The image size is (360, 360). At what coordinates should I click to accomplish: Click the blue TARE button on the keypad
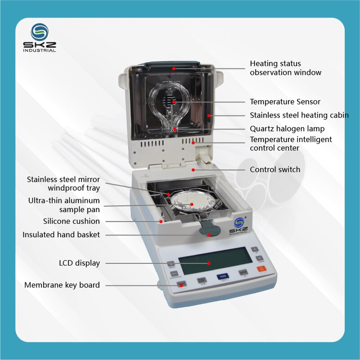click(221, 277)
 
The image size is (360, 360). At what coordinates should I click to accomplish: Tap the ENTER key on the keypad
click(243, 273)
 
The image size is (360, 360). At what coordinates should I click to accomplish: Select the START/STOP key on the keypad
click(202, 280)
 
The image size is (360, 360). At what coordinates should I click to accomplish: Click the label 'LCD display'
click(79, 263)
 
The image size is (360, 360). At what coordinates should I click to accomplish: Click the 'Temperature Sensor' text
click(285, 102)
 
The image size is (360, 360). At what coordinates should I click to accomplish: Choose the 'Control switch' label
click(275, 170)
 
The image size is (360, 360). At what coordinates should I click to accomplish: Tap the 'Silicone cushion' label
click(72, 221)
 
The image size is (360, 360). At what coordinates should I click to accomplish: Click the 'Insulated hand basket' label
click(61, 234)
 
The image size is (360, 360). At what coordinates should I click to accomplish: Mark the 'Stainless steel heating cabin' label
click(299, 115)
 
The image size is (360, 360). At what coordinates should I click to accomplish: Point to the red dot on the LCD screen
click(209, 263)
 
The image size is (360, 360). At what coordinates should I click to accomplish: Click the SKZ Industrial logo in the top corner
click(40, 38)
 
